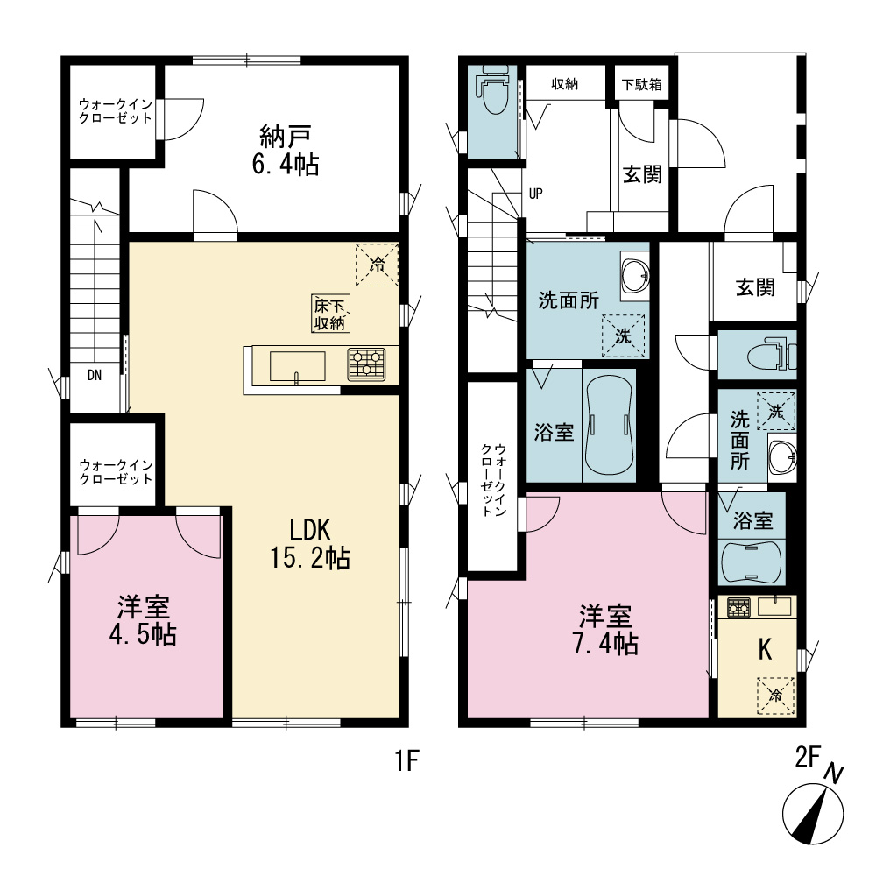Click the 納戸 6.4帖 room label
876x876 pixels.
click(x=286, y=151)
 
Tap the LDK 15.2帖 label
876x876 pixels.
click(x=310, y=544)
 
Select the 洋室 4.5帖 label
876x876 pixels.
click(x=143, y=621)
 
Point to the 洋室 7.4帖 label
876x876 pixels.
click(x=605, y=629)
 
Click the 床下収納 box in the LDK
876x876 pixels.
click(x=331, y=314)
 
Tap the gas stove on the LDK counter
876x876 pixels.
click(x=366, y=364)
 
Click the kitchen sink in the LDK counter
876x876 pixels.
click(x=297, y=366)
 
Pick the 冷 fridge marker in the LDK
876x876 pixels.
click(x=377, y=265)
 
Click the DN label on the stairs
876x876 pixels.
click(x=95, y=376)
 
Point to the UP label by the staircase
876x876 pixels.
click(x=535, y=194)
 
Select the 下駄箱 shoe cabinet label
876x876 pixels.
click(x=642, y=85)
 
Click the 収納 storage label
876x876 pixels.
click(x=565, y=84)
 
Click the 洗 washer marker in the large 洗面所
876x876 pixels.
click(x=623, y=336)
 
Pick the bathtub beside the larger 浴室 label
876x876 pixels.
click(x=610, y=425)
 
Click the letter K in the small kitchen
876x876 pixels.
click(x=765, y=649)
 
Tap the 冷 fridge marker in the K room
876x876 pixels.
click(x=775, y=696)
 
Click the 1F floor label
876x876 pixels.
click(x=407, y=760)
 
